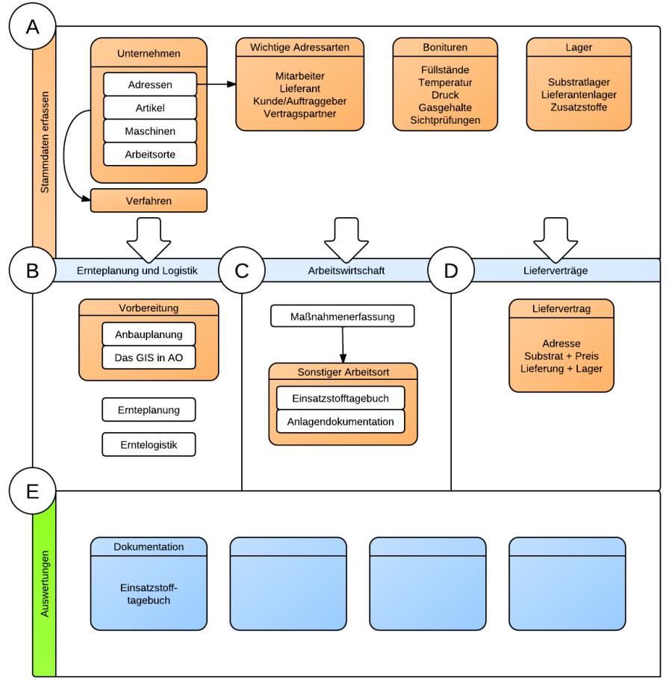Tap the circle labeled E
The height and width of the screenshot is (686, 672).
[32, 491]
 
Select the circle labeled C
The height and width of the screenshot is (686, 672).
[241, 270]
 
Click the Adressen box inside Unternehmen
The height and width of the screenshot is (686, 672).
[149, 85]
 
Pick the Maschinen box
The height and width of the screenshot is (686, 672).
[149, 131]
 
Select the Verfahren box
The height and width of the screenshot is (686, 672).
[149, 201]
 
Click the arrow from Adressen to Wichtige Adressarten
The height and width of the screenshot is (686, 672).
[217, 85]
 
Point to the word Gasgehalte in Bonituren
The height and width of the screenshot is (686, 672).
[445, 107]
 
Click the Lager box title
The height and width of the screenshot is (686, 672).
[579, 47]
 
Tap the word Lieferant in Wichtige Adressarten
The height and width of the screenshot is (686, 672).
[299, 88]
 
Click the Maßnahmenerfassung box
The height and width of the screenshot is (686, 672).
[342, 317]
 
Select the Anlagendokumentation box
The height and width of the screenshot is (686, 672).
[340, 422]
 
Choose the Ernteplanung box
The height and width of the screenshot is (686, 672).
[149, 410]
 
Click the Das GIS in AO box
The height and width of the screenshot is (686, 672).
[149, 358]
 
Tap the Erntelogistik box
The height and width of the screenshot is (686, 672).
[149, 445]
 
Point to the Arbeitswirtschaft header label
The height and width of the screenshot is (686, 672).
[346, 270]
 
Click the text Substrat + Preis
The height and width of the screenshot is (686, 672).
[561, 356]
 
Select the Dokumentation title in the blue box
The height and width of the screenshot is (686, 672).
[149, 546]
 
